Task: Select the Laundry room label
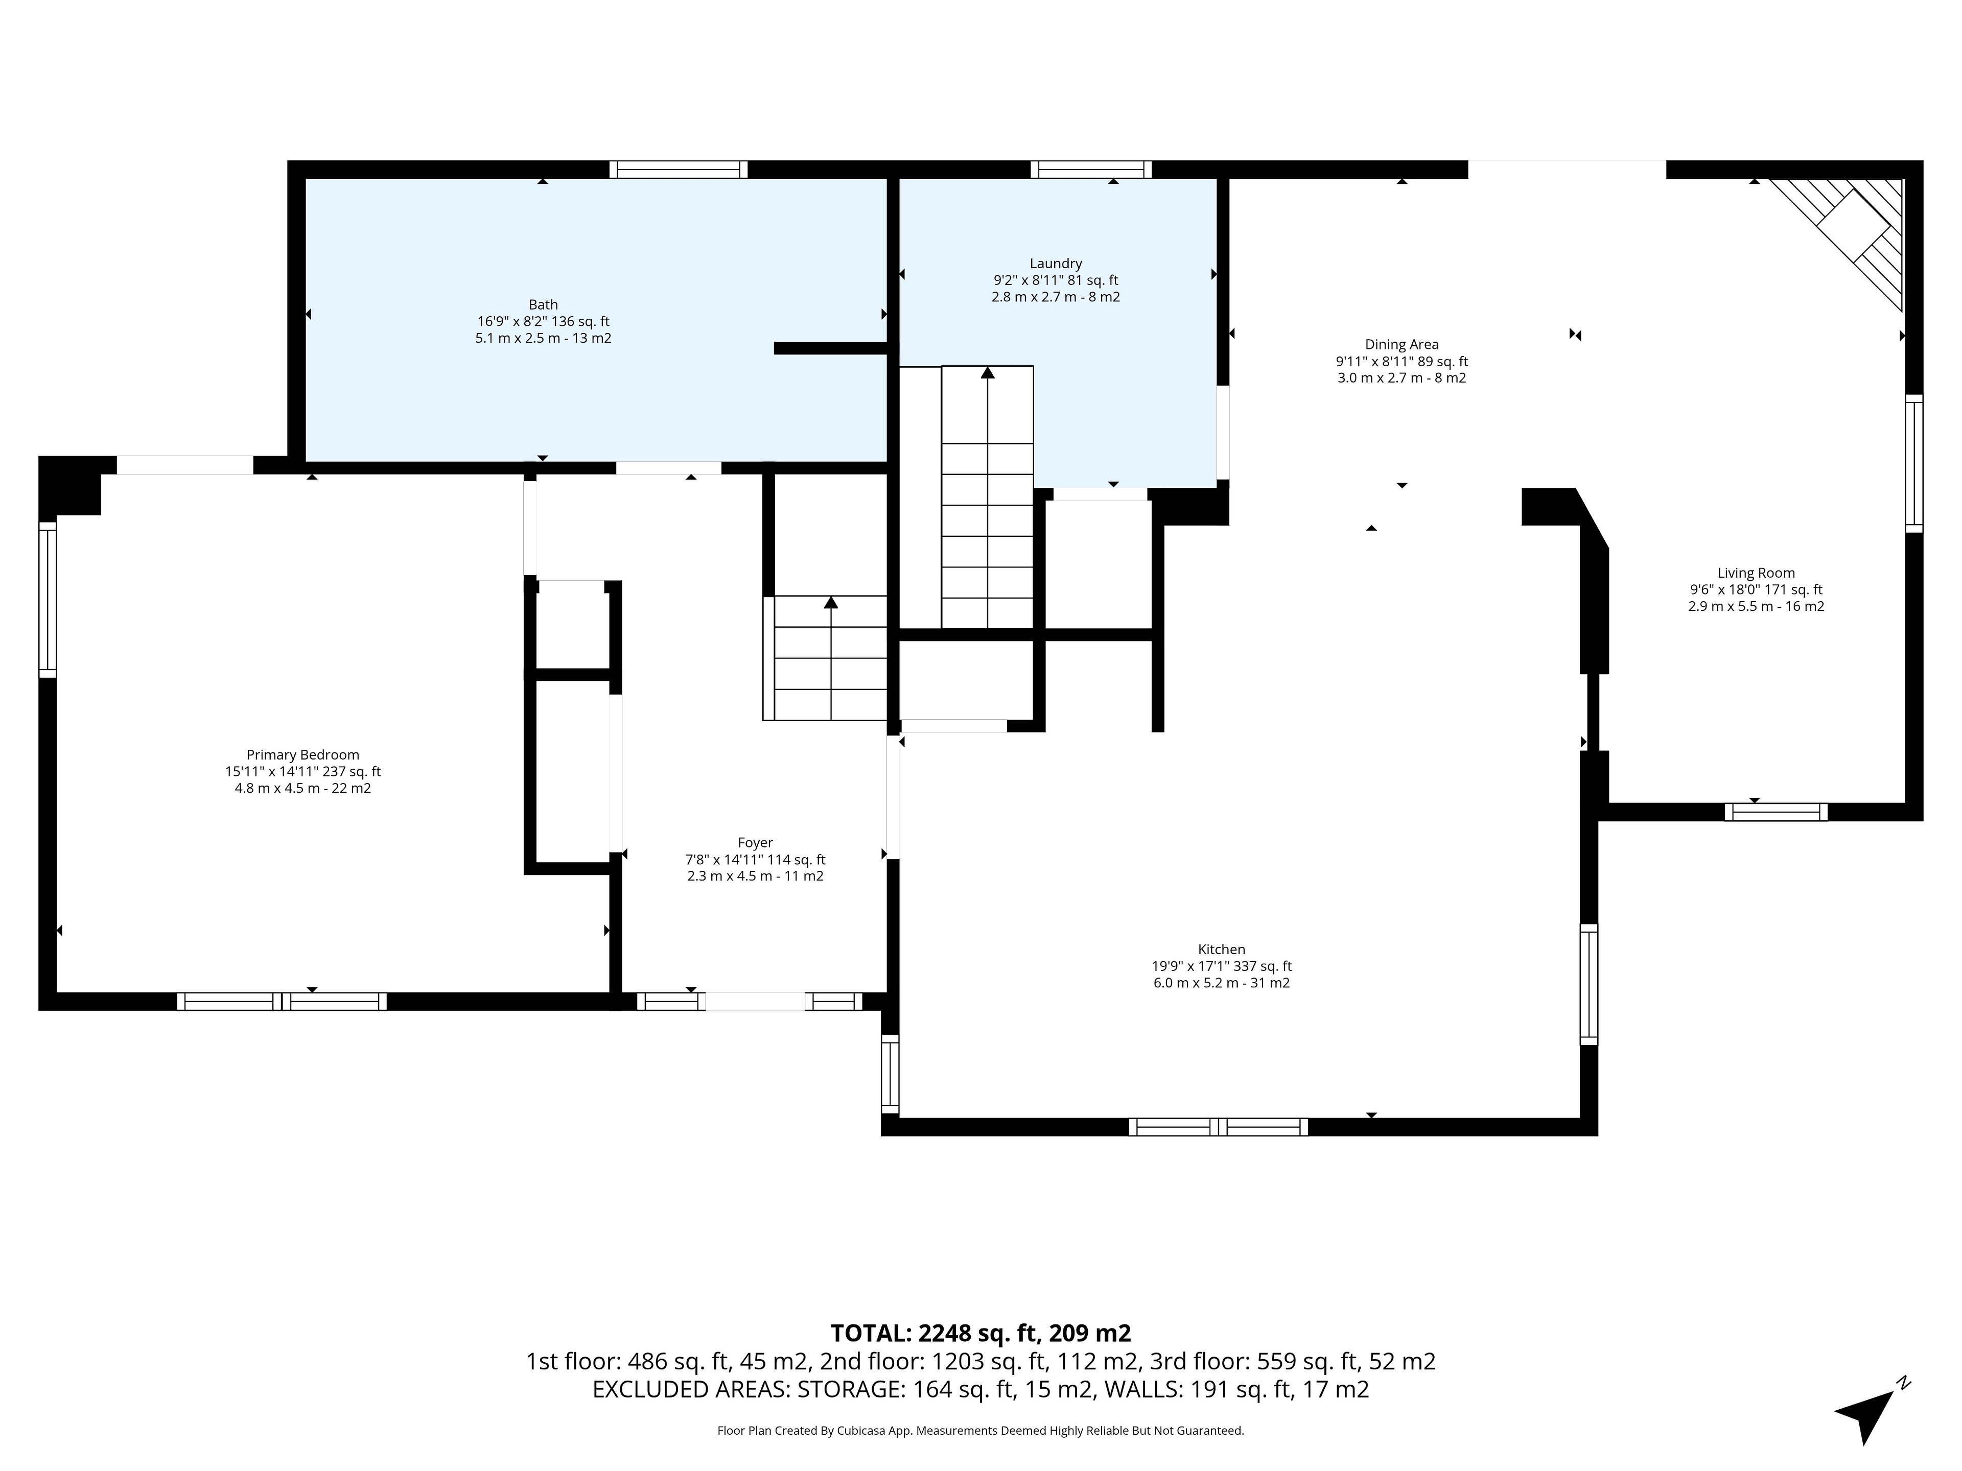coord(1056,264)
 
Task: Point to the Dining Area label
coord(1402,345)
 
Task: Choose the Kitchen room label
coord(1221,950)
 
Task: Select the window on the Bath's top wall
coord(679,170)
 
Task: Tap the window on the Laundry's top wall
coord(1091,170)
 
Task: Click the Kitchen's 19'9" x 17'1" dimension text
coord(1221,966)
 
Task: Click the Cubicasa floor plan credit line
coord(980,1430)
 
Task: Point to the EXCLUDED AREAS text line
coord(980,1389)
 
